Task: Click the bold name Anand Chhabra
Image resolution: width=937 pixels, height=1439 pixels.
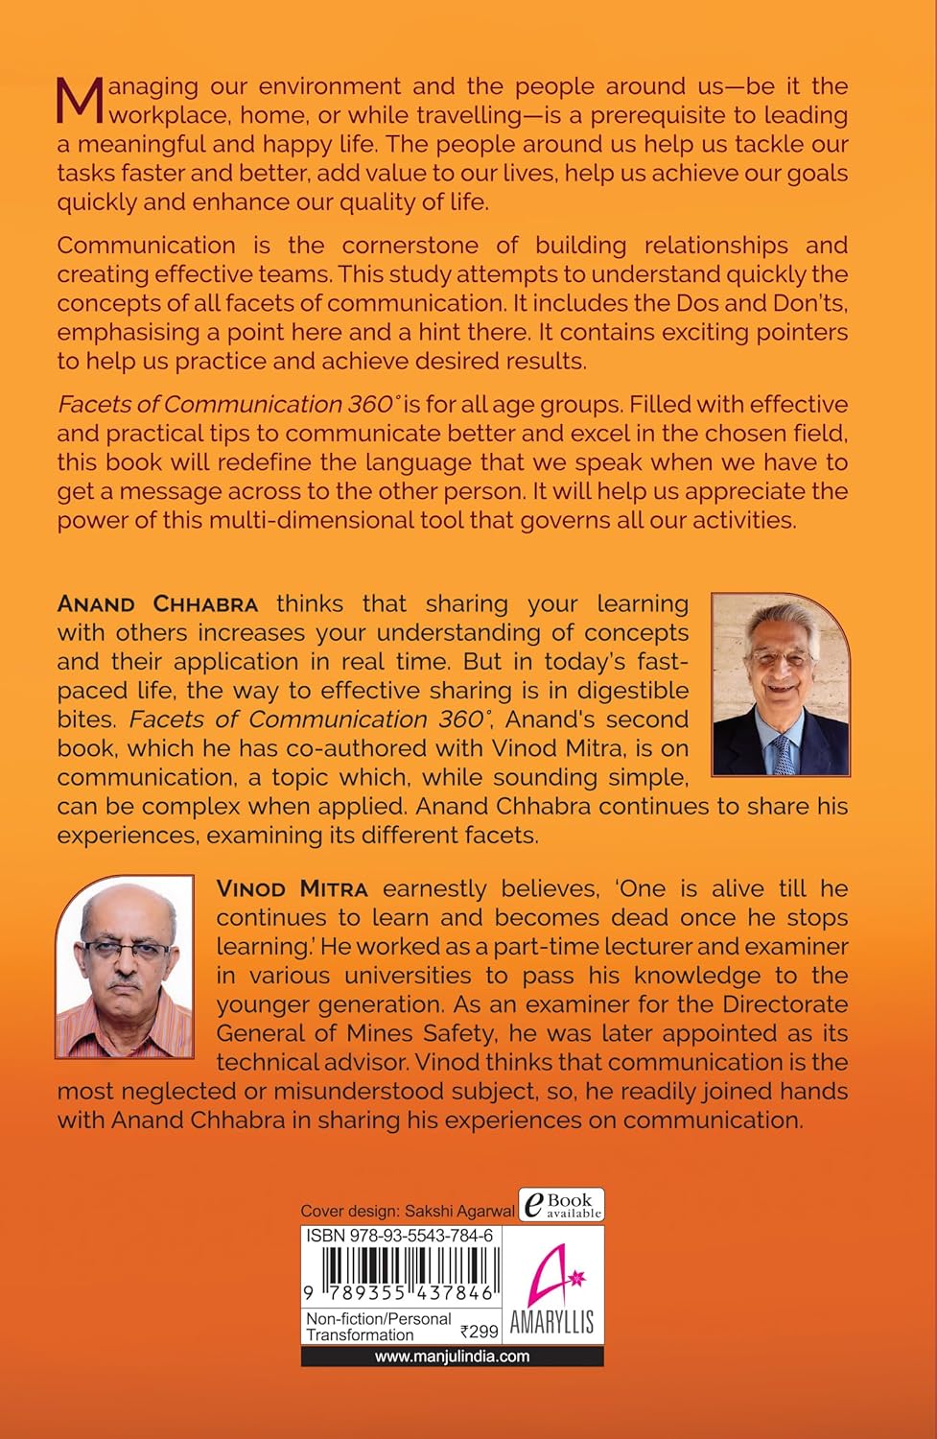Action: [158, 604]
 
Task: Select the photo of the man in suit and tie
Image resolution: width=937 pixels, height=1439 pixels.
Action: [780, 683]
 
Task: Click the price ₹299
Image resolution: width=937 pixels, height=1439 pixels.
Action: [479, 1332]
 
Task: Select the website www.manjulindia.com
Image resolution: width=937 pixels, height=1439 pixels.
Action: [452, 1356]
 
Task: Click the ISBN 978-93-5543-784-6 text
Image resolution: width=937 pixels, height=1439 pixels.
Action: [399, 1238]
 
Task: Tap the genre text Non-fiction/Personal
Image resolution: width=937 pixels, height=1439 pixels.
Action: [378, 1319]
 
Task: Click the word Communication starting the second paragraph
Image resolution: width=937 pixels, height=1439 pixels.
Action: [146, 246]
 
